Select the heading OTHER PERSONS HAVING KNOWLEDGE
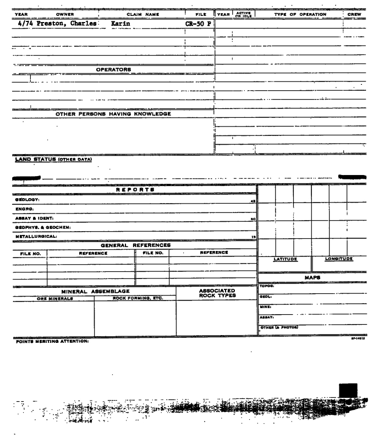coord(113,114)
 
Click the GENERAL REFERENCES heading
coord(135,245)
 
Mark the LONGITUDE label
coord(339,259)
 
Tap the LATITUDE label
coord(286,259)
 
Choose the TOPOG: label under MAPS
coord(267,286)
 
